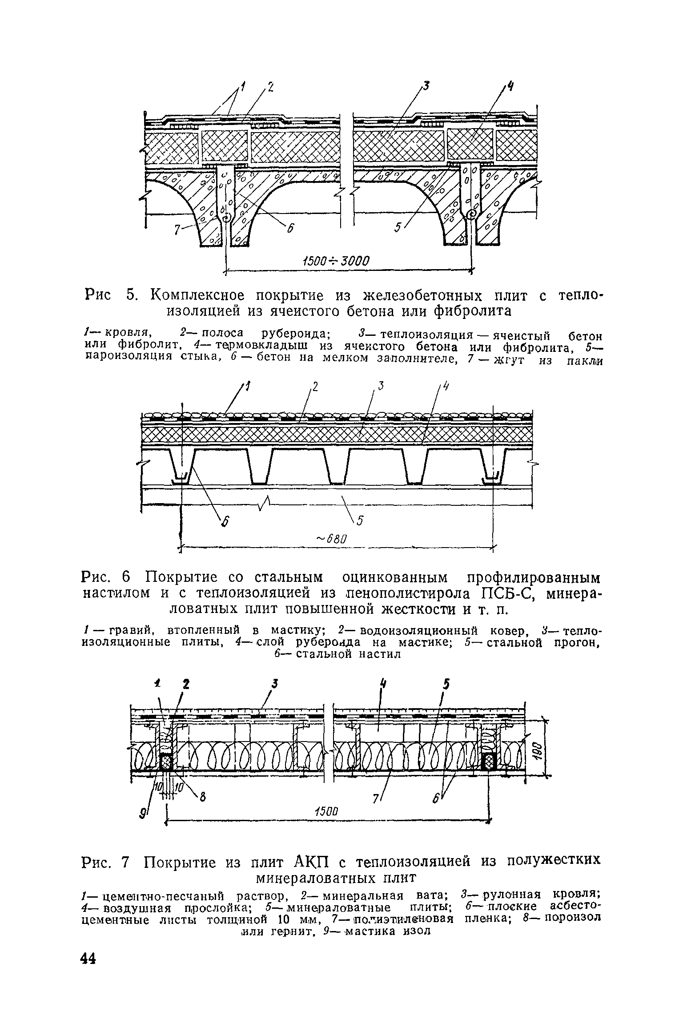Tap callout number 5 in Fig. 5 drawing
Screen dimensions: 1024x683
pos(397,228)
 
